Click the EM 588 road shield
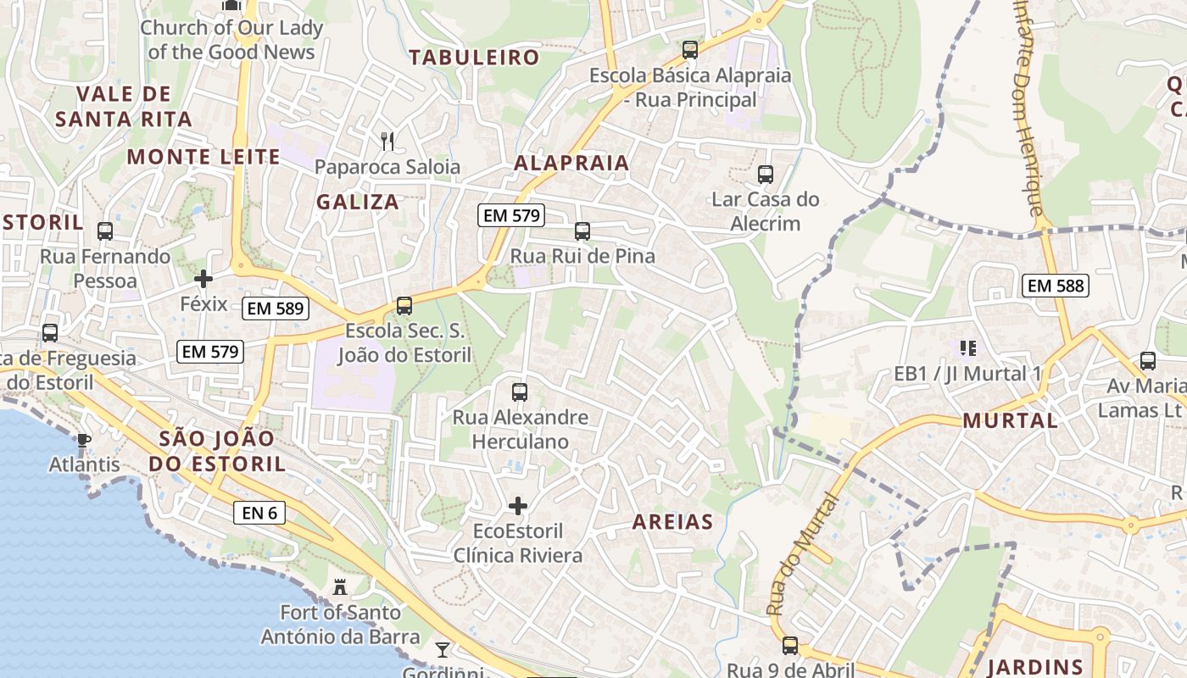click(x=1056, y=286)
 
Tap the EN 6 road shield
click(x=259, y=512)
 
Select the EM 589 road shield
click(x=276, y=308)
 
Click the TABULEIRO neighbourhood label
click(x=474, y=58)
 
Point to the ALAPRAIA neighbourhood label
click(x=572, y=163)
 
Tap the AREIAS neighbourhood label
click(x=672, y=522)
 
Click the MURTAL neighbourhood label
click(x=1010, y=420)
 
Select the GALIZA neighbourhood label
click(x=358, y=202)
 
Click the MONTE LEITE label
click(x=203, y=156)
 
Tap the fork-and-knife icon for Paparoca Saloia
click(x=387, y=141)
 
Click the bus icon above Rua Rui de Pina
click(x=582, y=231)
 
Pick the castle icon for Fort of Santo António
click(x=340, y=586)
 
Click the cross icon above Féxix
click(x=203, y=278)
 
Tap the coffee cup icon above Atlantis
click(x=83, y=439)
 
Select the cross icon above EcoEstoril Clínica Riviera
click(x=517, y=506)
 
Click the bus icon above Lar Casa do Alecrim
click(x=765, y=175)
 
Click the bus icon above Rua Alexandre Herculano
click(x=519, y=392)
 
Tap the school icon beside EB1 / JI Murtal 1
click(x=967, y=347)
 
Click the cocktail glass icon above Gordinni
click(x=442, y=650)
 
